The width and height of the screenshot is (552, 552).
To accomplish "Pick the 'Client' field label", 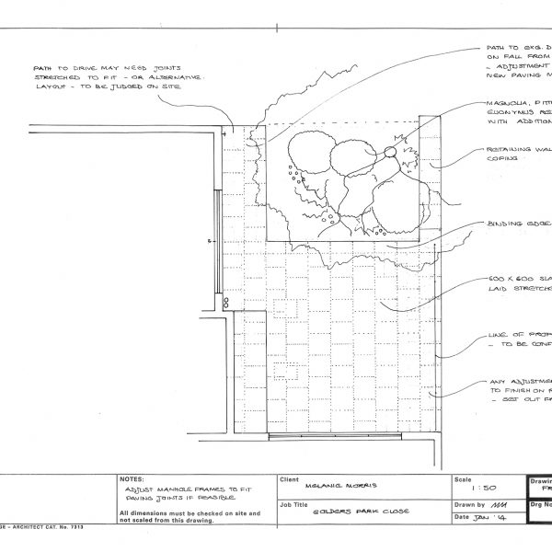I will pyautogui.click(x=290, y=479).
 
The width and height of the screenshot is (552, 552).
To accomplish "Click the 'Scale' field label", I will pyautogui.click(x=462, y=479).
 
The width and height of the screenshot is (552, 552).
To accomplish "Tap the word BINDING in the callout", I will pyautogui.click(x=504, y=224).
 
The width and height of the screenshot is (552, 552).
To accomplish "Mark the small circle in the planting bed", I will pyautogui.click(x=389, y=151).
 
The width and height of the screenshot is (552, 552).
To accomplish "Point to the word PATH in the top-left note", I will pyautogui.click(x=43, y=67).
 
